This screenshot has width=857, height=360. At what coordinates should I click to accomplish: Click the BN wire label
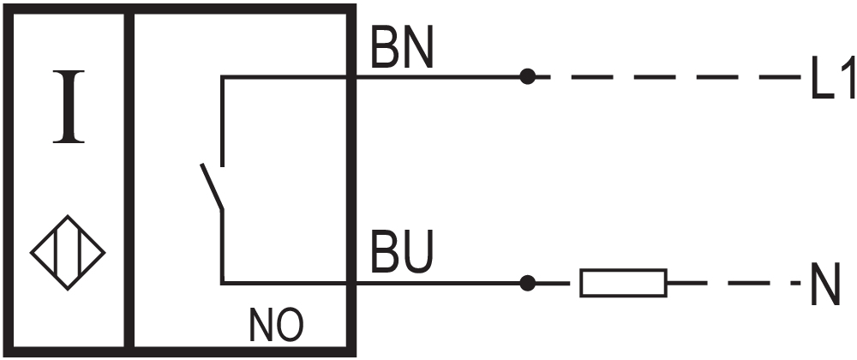tap(402, 47)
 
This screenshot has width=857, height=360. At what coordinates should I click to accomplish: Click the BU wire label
tap(402, 252)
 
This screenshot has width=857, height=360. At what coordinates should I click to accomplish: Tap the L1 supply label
tap(832, 79)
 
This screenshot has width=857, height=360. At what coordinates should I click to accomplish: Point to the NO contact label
tap(276, 325)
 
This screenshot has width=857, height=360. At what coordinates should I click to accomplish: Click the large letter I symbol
tap(69, 106)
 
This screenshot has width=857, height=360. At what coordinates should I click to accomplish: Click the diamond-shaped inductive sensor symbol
tap(68, 252)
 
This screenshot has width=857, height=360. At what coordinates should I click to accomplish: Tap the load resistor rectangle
tap(623, 283)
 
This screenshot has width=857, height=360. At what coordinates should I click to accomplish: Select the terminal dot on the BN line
tap(527, 76)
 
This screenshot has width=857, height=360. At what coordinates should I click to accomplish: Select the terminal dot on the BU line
tap(527, 283)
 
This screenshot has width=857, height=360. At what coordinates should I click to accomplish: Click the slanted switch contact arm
tap(212, 186)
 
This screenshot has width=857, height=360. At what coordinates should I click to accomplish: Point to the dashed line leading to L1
tap(668, 77)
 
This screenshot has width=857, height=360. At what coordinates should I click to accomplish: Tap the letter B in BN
tap(384, 47)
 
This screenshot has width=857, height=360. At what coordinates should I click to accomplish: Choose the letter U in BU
tap(418, 252)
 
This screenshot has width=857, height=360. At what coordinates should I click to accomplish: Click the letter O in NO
tap(290, 325)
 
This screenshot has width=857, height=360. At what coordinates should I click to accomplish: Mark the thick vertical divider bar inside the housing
tap(129, 180)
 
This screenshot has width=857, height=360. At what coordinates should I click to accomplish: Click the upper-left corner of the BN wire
tap(222, 77)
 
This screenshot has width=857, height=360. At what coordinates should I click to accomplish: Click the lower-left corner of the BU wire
tap(223, 283)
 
